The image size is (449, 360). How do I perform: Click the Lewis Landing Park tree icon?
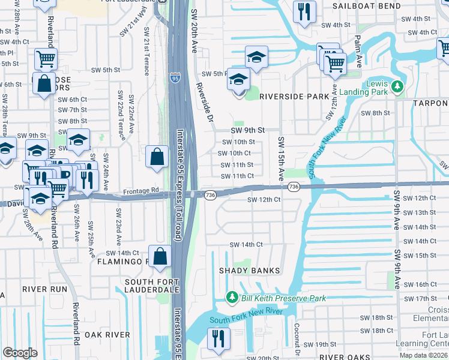(x=396, y=88)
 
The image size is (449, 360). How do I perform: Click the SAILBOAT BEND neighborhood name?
(x=366, y=6)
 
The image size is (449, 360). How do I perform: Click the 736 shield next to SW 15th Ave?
(x=293, y=188)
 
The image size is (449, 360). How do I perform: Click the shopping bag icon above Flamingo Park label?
(x=161, y=256)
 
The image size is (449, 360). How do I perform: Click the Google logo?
(x=20, y=352)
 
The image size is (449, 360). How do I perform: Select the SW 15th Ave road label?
(x=280, y=158)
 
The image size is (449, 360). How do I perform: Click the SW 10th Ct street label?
(x=237, y=153)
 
